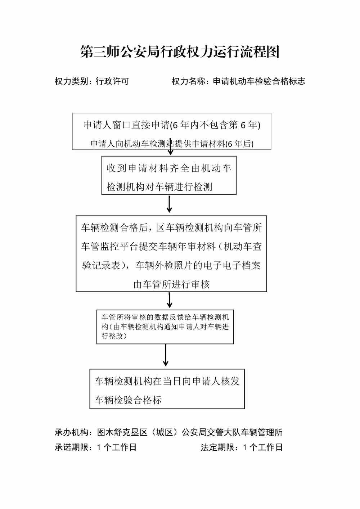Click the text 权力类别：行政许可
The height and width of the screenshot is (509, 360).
(x=91, y=81)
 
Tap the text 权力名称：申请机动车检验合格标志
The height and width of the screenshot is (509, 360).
(x=238, y=81)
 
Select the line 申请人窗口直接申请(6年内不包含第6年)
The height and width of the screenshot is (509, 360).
(x=172, y=125)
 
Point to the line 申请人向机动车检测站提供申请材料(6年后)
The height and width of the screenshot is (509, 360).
(x=172, y=144)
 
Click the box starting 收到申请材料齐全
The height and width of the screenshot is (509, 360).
(x=169, y=175)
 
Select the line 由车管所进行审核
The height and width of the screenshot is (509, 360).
(x=171, y=284)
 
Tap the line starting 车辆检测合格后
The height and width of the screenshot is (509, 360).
(x=171, y=228)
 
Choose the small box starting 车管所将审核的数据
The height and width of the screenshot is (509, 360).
(x=165, y=326)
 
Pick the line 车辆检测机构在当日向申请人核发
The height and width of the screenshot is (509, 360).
(x=167, y=381)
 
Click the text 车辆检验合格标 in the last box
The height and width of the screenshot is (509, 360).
(x=128, y=400)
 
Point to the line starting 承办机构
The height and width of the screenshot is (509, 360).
(x=168, y=432)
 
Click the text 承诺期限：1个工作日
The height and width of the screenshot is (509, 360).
(x=95, y=447)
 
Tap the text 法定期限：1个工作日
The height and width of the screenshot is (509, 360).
(x=242, y=447)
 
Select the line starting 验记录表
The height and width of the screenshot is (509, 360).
(x=171, y=266)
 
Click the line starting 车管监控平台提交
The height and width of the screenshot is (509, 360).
(x=171, y=247)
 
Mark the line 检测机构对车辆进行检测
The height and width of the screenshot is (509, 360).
(x=159, y=187)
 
